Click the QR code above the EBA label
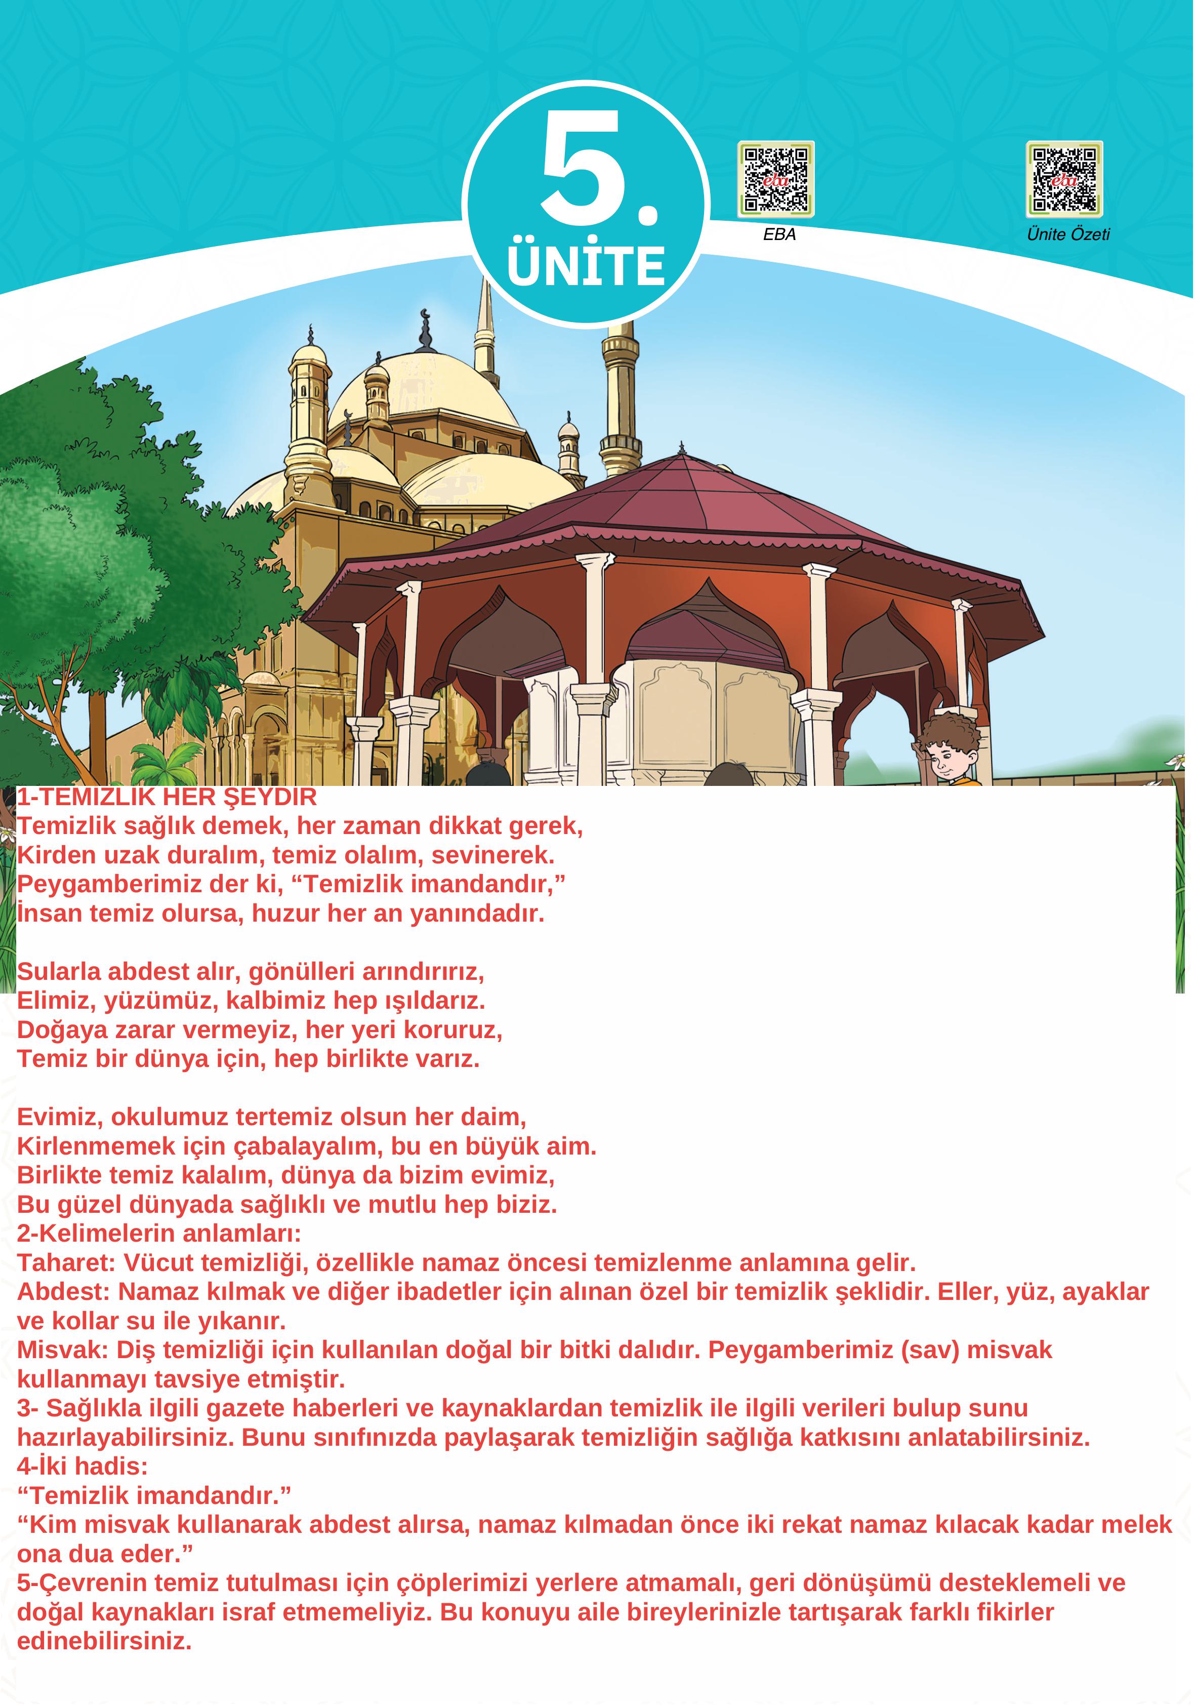tap(776, 180)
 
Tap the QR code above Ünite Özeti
tap(1065, 180)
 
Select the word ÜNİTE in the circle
tap(587, 266)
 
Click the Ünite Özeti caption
tap(1069, 234)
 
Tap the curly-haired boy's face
tap(949, 758)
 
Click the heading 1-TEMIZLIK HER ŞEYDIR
tap(167, 798)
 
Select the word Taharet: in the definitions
tap(67, 1263)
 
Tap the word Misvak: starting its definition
tap(64, 1350)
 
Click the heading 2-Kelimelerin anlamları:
tap(159, 1234)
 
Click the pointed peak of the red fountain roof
tap(682, 450)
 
